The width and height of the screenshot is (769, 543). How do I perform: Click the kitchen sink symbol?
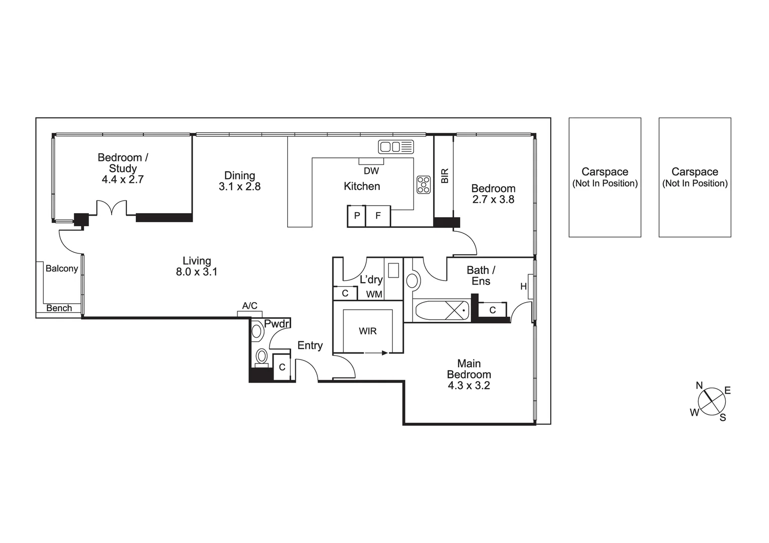pyautogui.click(x=396, y=147)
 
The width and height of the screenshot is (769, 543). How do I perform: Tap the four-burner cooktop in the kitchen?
pyautogui.click(x=423, y=185)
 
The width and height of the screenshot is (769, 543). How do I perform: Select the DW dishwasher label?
pyautogui.click(x=371, y=171)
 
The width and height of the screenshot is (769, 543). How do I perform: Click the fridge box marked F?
pyautogui.click(x=378, y=216)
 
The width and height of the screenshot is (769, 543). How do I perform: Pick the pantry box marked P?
pyautogui.click(x=357, y=216)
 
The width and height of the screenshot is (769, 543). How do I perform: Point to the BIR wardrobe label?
pyautogui.click(x=444, y=175)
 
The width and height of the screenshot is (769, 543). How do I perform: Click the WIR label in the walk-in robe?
pyautogui.click(x=368, y=331)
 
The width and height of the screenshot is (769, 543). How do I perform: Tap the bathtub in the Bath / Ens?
pyautogui.click(x=441, y=310)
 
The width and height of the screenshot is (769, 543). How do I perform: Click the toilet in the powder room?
pyautogui.click(x=262, y=356)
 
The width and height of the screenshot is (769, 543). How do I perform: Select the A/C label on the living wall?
pyautogui.click(x=249, y=306)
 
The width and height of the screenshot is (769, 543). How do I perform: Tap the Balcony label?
pyautogui.click(x=62, y=268)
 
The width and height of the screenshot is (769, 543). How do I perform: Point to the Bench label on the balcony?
pyautogui.click(x=59, y=308)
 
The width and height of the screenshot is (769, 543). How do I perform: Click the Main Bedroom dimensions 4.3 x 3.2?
pyautogui.click(x=469, y=386)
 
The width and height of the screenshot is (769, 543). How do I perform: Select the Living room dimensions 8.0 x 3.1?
pyautogui.click(x=196, y=272)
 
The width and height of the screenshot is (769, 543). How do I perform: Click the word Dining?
pyautogui.click(x=239, y=175)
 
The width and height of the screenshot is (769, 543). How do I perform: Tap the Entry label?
pyautogui.click(x=310, y=345)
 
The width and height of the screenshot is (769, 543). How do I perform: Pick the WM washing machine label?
pyautogui.click(x=374, y=294)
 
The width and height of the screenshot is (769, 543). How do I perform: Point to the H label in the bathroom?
pyautogui.click(x=524, y=287)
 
